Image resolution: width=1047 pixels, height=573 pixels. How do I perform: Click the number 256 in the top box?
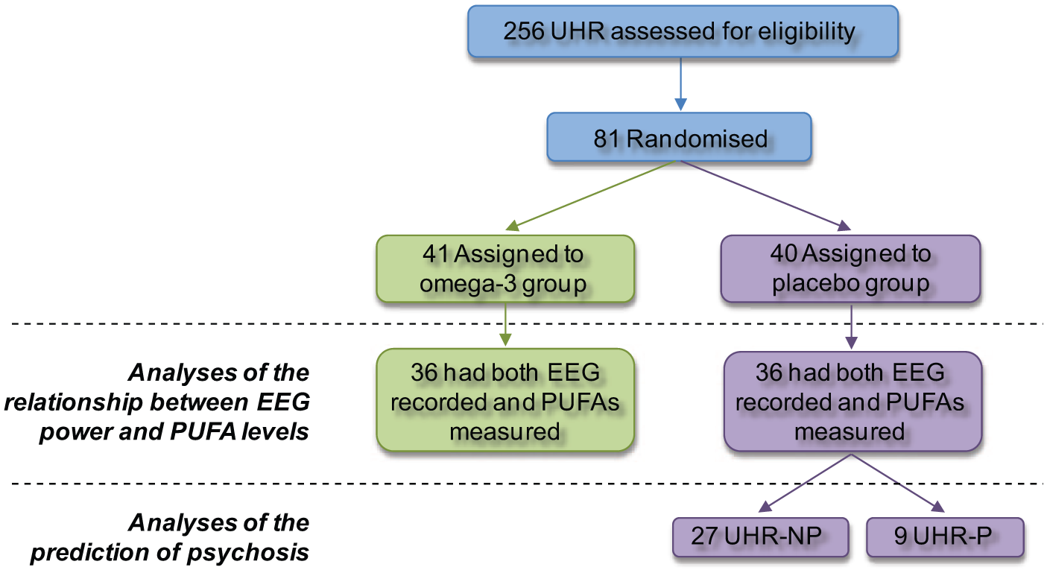pyautogui.click(x=523, y=31)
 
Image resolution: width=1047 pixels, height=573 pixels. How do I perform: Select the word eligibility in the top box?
pyautogui.click(x=807, y=32)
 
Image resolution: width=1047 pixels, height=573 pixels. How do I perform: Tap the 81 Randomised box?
pyautogui.click(x=679, y=137)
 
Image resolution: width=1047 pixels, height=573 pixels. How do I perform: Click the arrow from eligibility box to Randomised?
pyautogui.click(x=680, y=84)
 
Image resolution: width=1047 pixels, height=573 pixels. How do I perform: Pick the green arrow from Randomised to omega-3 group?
pyautogui.click(x=591, y=196)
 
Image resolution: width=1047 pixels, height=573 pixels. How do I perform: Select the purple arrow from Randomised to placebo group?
pyautogui.click(x=765, y=196)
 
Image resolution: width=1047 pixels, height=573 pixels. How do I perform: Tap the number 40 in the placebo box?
pyautogui.click(x=783, y=254)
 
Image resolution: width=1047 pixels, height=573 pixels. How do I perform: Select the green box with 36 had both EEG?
pyautogui.click(x=505, y=400)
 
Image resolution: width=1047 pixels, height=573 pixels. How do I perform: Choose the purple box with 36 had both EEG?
pyautogui.click(x=853, y=402)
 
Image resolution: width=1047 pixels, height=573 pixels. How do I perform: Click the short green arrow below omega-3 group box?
pyautogui.click(x=505, y=324)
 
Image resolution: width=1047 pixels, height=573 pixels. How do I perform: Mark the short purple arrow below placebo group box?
pyautogui.click(x=851, y=327)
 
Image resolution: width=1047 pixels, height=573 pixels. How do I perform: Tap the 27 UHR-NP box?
pyautogui.click(x=761, y=537)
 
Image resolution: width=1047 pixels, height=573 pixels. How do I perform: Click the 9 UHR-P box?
pyautogui.click(x=945, y=537)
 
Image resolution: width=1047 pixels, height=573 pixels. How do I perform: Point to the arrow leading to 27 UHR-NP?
pyautogui.click(x=805, y=484)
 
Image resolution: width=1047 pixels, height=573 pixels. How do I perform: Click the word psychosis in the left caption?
pyautogui.click(x=248, y=553)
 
